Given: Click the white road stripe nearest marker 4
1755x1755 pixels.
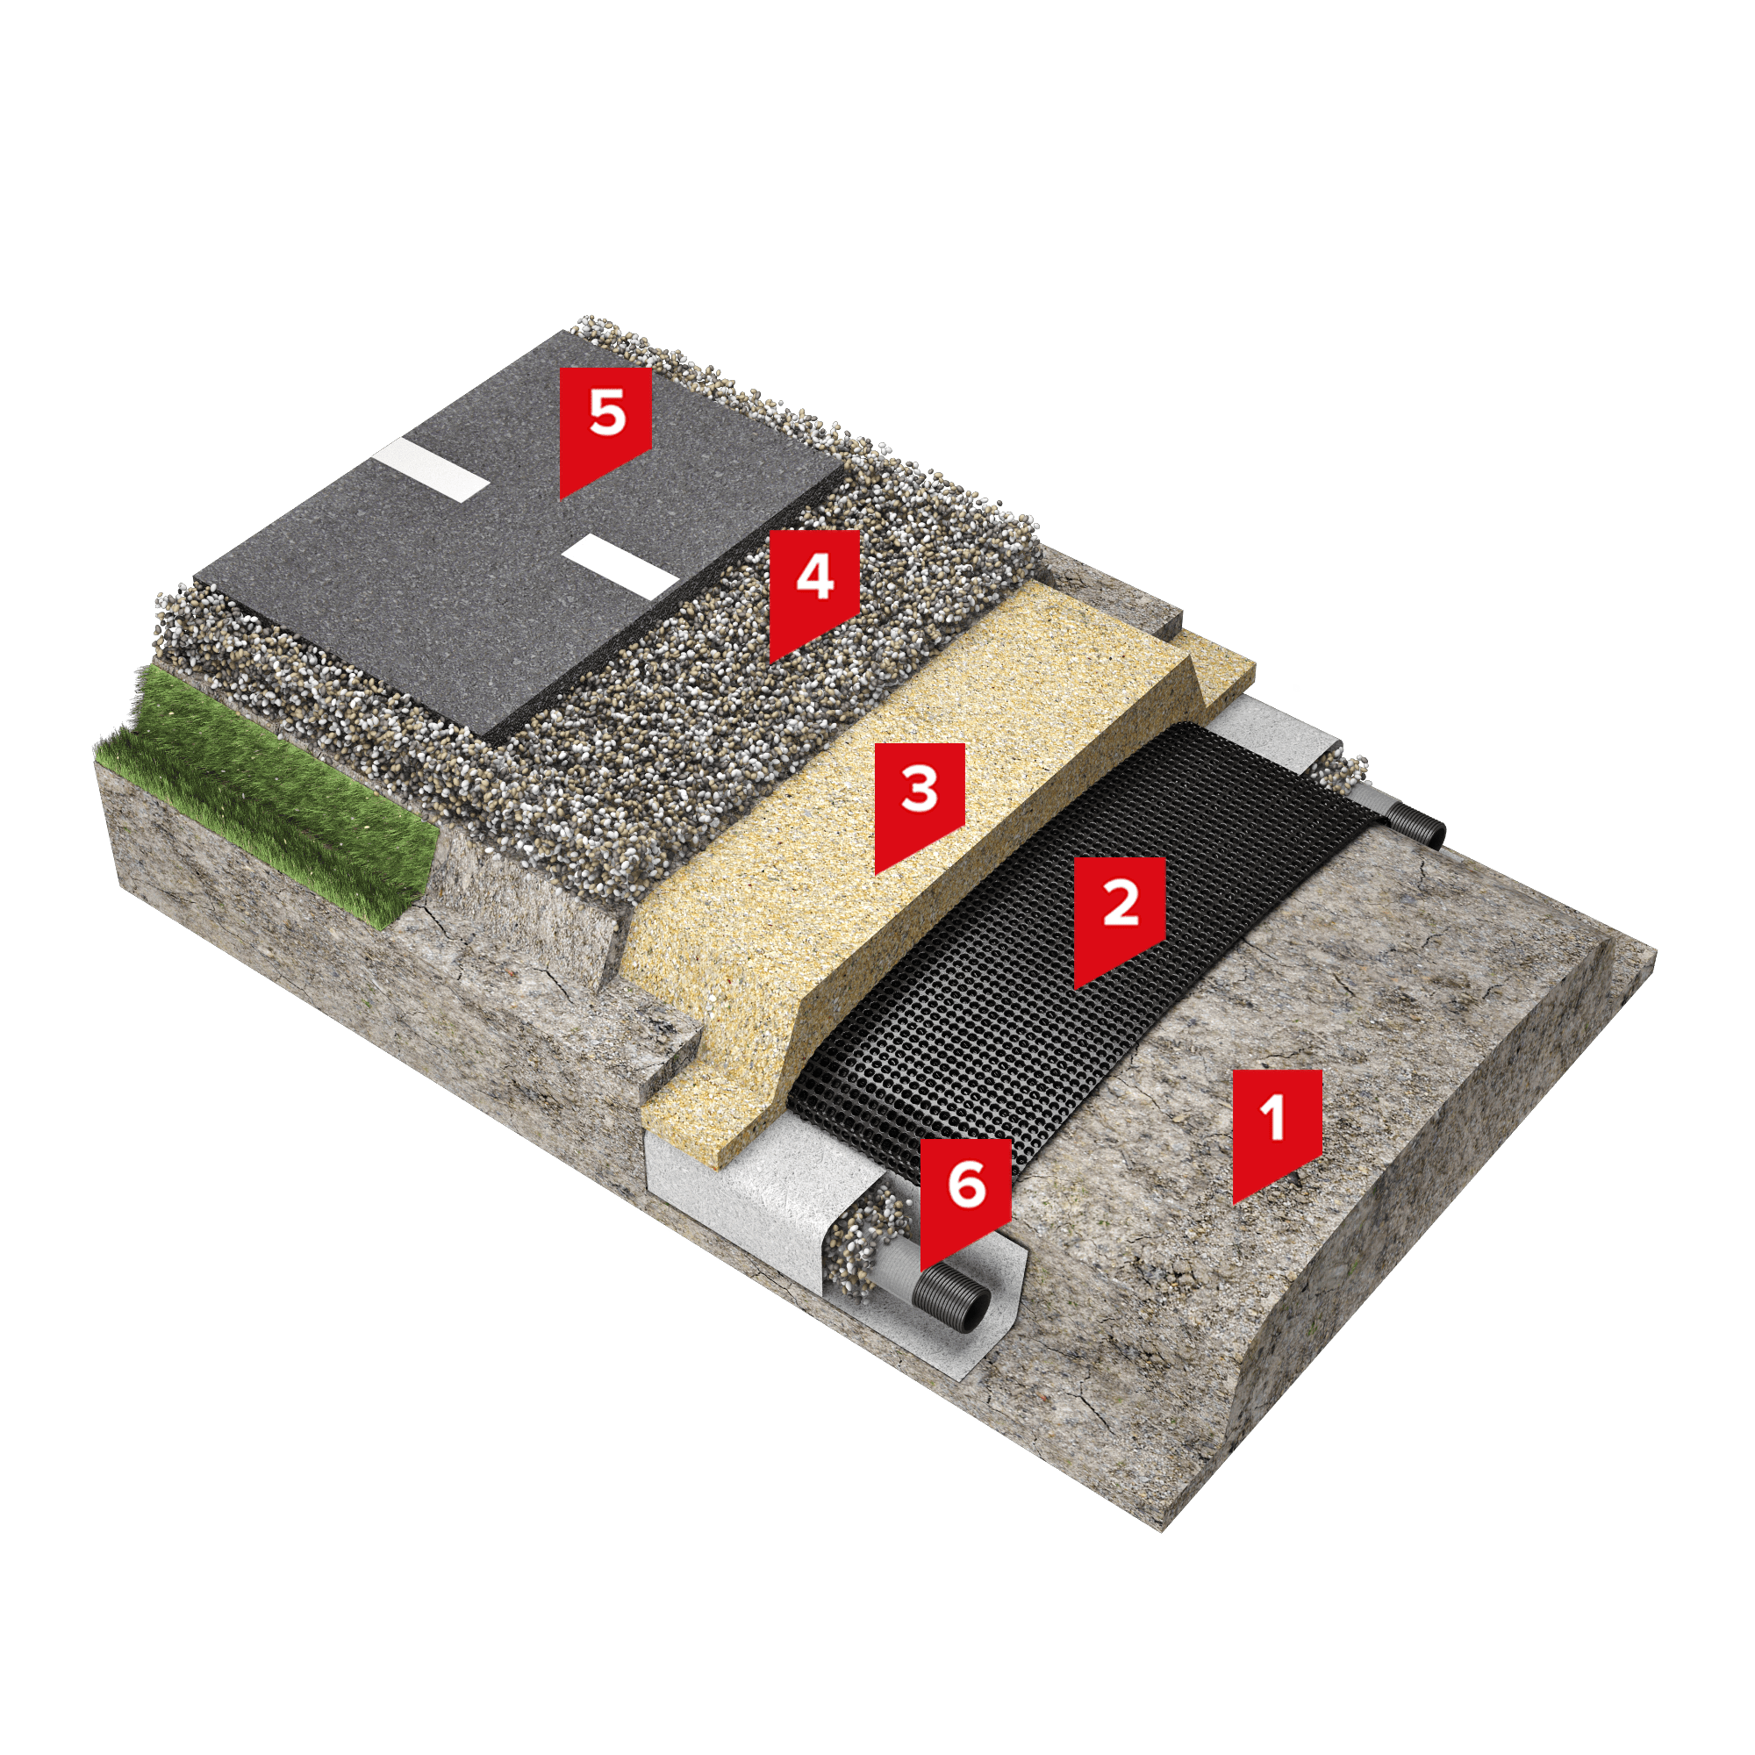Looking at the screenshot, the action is [x=620, y=567].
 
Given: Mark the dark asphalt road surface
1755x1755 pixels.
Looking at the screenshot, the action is [x=518, y=536].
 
